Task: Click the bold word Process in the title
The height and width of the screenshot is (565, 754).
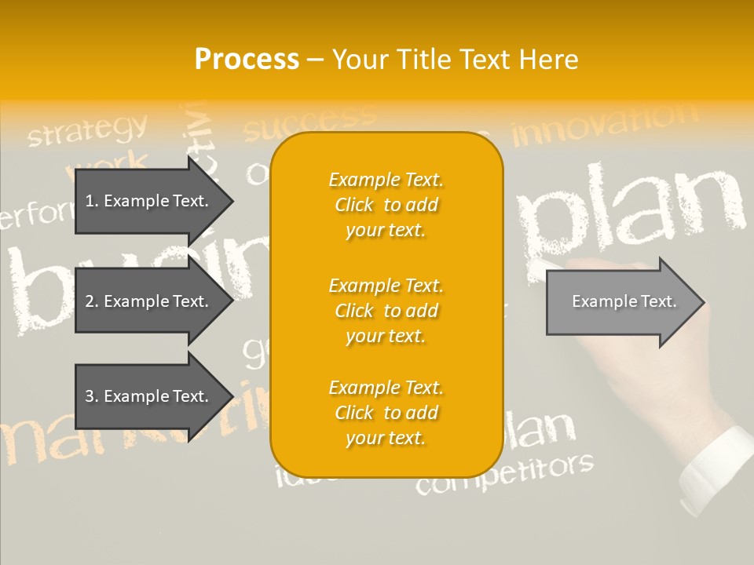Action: (x=247, y=60)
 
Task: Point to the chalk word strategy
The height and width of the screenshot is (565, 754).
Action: (x=87, y=130)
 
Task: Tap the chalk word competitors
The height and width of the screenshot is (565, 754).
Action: (x=504, y=474)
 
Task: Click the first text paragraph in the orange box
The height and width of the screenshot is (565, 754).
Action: (x=386, y=205)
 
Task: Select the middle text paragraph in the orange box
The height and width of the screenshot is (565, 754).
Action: (x=386, y=311)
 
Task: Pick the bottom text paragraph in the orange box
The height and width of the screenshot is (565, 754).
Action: (x=386, y=413)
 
